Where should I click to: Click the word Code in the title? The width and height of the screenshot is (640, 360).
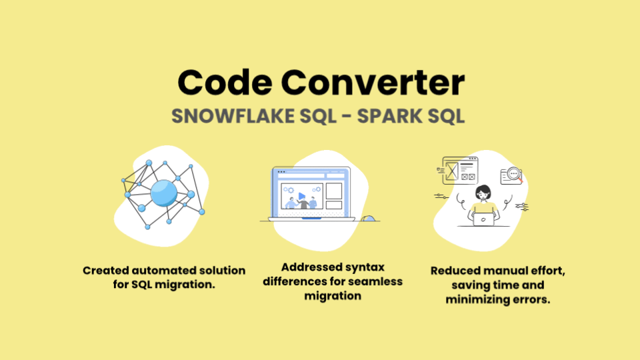pyautogui.click(x=223, y=83)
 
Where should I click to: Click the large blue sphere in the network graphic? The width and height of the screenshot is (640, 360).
pyautogui.click(x=163, y=193)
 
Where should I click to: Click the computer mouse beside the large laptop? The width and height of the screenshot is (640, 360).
pyautogui.click(x=368, y=218)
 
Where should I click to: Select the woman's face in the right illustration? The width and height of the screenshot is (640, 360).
pyautogui.click(x=483, y=194)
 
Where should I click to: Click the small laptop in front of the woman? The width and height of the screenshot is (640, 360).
pyautogui.click(x=483, y=218)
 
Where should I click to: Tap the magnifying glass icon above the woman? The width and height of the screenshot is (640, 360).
pyautogui.click(x=514, y=175)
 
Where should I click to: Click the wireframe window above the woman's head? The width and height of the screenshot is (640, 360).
pyautogui.click(x=460, y=169)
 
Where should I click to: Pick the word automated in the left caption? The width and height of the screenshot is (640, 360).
pyautogui.click(x=157, y=271)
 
